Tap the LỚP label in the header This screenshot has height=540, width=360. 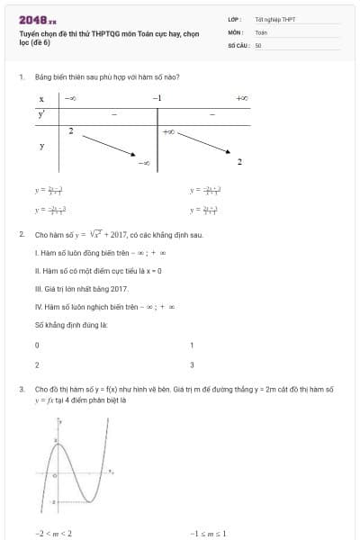[x=233, y=18]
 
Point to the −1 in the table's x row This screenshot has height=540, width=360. [x=157, y=97]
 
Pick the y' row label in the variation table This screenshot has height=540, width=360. [x=41, y=114]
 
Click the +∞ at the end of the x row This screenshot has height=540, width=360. [x=240, y=97]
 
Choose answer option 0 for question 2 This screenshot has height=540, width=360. [x=37, y=345]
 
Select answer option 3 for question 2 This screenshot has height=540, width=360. [x=192, y=364]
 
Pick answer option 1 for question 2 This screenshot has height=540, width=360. [x=192, y=345]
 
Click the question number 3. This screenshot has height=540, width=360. [x=21, y=390]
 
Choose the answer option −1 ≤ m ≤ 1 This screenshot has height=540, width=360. [x=208, y=533]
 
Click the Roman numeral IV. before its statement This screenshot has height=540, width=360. [x=39, y=306]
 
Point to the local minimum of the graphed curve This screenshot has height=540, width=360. [x=91, y=500]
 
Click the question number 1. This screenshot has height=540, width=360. [x=21, y=76]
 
